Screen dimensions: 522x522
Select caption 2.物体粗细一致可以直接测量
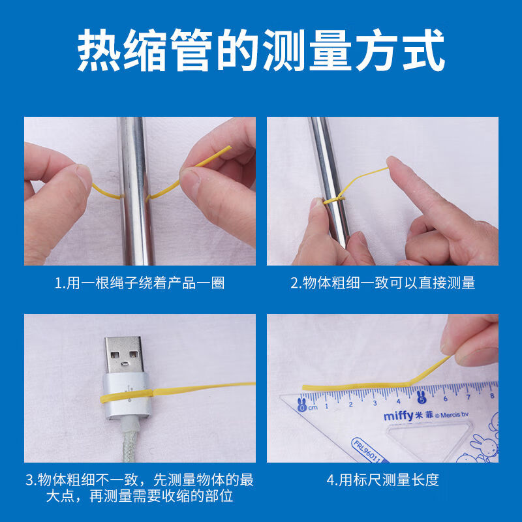(x=382, y=283)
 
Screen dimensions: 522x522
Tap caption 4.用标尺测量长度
(x=382, y=480)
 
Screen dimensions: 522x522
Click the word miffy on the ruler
(x=399, y=415)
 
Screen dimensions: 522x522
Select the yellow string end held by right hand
(x=225, y=151)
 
